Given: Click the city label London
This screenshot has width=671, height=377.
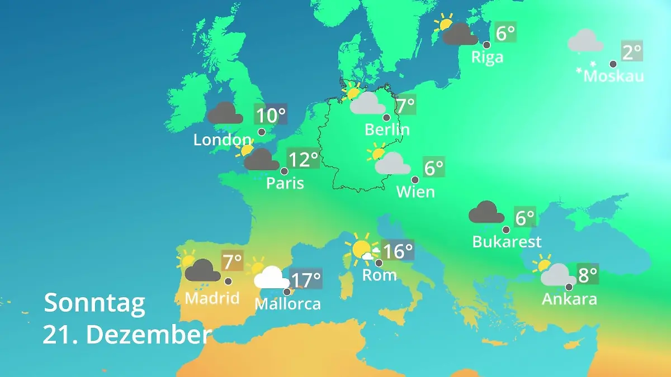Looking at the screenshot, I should pyautogui.click(x=222, y=140).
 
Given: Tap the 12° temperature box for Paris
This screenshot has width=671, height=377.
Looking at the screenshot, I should pyautogui.click(x=303, y=160).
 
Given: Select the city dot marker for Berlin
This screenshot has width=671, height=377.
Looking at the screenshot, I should pyautogui.click(x=386, y=117).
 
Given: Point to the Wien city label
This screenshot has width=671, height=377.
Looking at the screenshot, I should pyautogui.click(x=415, y=192).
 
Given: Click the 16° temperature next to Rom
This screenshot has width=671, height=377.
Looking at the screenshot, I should pyautogui.click(x=398, y=251).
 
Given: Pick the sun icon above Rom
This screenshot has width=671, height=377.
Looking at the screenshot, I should pyautogui.click(x=360, y=249).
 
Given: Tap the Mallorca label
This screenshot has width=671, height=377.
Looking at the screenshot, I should pyautogui.click(x=287, y=304).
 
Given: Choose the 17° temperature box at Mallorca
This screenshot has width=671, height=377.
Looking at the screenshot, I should pyautogui.click(x=306, y=279).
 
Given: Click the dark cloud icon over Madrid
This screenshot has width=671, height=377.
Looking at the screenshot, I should pyautogui.click(x=202, y=271).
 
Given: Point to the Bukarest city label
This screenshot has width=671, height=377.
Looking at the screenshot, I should pyautogui.click(x=507, y=242).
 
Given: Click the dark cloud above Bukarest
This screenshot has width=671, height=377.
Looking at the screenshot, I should pyautogui.click(x=486, y=212).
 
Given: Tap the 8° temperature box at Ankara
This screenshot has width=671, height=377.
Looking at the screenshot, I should pyautogui.click(x=587, y=274).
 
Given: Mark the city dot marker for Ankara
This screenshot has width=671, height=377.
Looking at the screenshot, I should pyautogui.click(x=569, y=287).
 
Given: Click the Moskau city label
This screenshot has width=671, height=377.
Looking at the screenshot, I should pyautogui.click(x=613, y=77).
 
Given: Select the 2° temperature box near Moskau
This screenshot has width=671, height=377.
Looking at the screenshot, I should pyautogui.click(x=632, y=52).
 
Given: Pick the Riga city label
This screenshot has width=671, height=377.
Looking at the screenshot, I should pyautogui.click(x=487, y=58).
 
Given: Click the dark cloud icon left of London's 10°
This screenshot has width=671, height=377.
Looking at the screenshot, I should pyautogui.click(x=225, y=113).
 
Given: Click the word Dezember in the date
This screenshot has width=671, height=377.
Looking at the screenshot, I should pyautogui.click(x=149, y=335).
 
